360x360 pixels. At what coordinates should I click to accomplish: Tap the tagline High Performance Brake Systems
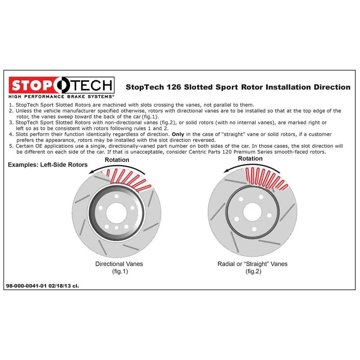(61, 97)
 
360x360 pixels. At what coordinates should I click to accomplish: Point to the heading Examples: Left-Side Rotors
(48, 165)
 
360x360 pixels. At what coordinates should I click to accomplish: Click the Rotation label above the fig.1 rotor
(117, 160)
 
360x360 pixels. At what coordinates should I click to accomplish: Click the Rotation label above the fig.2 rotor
(250, 159)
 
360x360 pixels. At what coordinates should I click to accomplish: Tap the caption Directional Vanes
(119, 264)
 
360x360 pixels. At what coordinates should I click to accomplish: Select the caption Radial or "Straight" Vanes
(252, 264)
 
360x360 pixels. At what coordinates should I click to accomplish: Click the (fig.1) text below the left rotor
(120, 271)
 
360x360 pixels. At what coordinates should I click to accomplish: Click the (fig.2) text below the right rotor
(253, 271)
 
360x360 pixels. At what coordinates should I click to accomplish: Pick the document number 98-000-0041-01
(26, 286)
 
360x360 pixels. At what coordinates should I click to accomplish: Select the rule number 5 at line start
(11, 146)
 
